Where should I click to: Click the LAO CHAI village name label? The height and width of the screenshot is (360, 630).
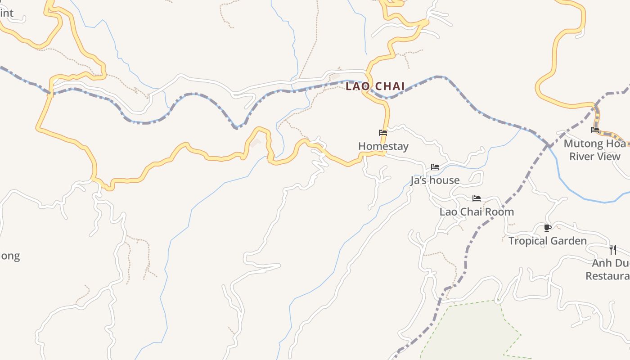click(375, 86)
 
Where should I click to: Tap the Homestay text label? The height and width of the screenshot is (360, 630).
click(383, 146)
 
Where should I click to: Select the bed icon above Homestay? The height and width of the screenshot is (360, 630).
click(383, 133)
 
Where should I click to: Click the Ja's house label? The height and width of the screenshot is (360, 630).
click(435, 180)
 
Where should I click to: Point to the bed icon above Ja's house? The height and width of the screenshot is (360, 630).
click(435, 167)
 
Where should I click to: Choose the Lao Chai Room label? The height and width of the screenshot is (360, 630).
click(477, 212)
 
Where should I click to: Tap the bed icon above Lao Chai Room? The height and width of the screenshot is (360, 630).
click(477, 198)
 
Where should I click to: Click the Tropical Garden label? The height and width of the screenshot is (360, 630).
click(547, 241)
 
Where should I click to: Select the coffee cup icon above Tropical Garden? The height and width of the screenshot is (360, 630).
click(547, 228)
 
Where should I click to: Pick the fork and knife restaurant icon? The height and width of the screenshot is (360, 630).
click(612, 250)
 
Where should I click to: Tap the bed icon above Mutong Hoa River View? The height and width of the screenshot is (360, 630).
click(595, 130)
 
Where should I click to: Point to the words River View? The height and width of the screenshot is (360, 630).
click(595, 157)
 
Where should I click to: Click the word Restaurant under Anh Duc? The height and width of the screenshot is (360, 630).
click(607, 276)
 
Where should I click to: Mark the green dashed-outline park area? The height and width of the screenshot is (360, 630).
click(468, 333)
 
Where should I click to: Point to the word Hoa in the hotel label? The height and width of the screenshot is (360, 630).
click(616, 144)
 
